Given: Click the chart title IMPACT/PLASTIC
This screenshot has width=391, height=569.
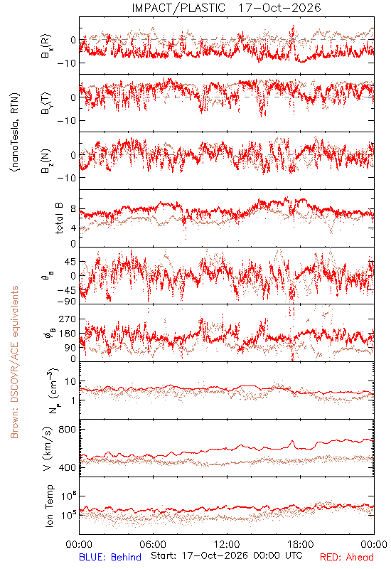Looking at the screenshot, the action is click(178, 8).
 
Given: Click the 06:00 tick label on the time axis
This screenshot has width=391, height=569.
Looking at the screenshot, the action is click(153, 544).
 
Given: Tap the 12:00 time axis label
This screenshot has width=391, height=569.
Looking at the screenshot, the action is click(227, 544).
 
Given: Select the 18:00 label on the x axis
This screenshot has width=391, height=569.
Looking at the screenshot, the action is click(301, 544).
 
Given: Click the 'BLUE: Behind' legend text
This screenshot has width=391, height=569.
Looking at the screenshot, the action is click(110, 557).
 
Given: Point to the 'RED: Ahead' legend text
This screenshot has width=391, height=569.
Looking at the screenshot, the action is click(346, 557).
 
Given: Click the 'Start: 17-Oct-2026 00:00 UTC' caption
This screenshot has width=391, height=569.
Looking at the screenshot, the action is click(227, 555).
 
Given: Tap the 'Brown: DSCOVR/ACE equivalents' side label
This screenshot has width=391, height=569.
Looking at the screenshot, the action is click(14, 362).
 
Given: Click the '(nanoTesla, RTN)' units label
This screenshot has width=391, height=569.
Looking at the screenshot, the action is click(16, 132).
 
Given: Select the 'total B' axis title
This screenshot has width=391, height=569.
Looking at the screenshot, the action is click(59, 218).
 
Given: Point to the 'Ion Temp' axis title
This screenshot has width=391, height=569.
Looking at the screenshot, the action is click(49, 506).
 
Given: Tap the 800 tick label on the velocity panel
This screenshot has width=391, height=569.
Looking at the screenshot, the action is click(67, 430).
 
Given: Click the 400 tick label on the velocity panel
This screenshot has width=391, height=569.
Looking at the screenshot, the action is click(67, 468).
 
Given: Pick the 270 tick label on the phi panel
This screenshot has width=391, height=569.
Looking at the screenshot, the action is click(67, 319).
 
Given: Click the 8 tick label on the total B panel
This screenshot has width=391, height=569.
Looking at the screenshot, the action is click(73, 209).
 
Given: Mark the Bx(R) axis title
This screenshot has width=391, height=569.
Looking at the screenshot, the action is click(46, 46).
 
